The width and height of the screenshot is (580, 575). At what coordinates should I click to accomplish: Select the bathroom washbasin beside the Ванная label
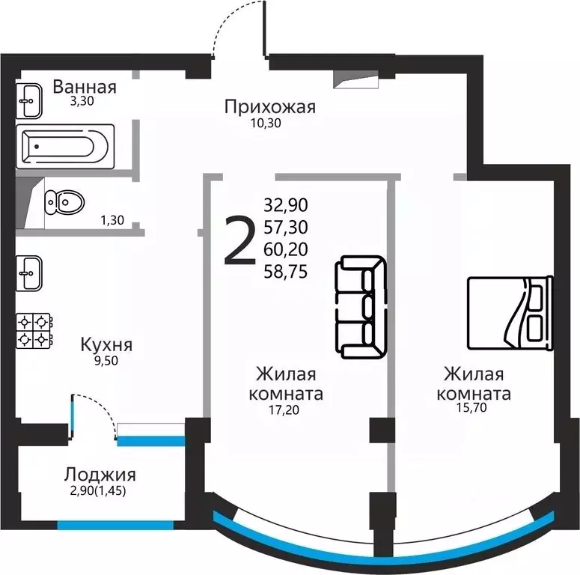point(31,100)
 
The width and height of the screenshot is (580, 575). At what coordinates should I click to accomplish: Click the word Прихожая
point(270,107)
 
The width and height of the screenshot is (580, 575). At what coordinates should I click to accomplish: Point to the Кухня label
point(106,345)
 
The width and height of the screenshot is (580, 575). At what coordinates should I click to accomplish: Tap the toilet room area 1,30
point(112,220)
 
